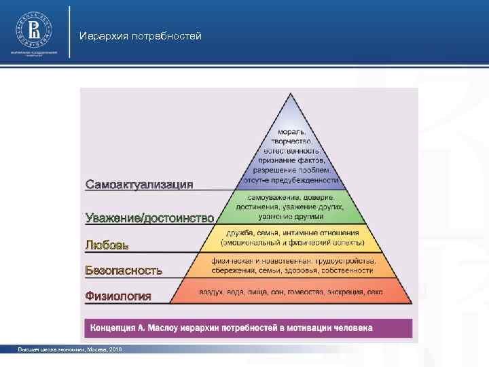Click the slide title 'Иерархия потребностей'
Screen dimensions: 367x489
(140, 35)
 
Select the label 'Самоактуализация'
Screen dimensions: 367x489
(139, 184)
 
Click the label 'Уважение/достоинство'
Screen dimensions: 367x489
(149, 217)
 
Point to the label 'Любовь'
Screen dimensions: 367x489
(107, 244)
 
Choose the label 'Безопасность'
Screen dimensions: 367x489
(124, 270)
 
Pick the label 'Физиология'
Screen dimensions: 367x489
(118, 296)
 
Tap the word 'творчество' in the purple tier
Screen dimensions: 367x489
(291, 141)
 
